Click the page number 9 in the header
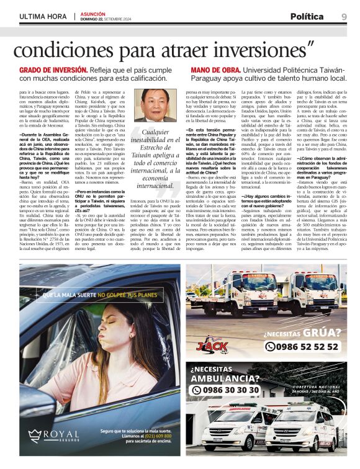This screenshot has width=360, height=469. (x=343, y=16)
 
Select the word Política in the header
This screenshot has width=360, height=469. (x=307, y=16)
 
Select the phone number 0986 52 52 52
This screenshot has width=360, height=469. (x=309, y=347)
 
